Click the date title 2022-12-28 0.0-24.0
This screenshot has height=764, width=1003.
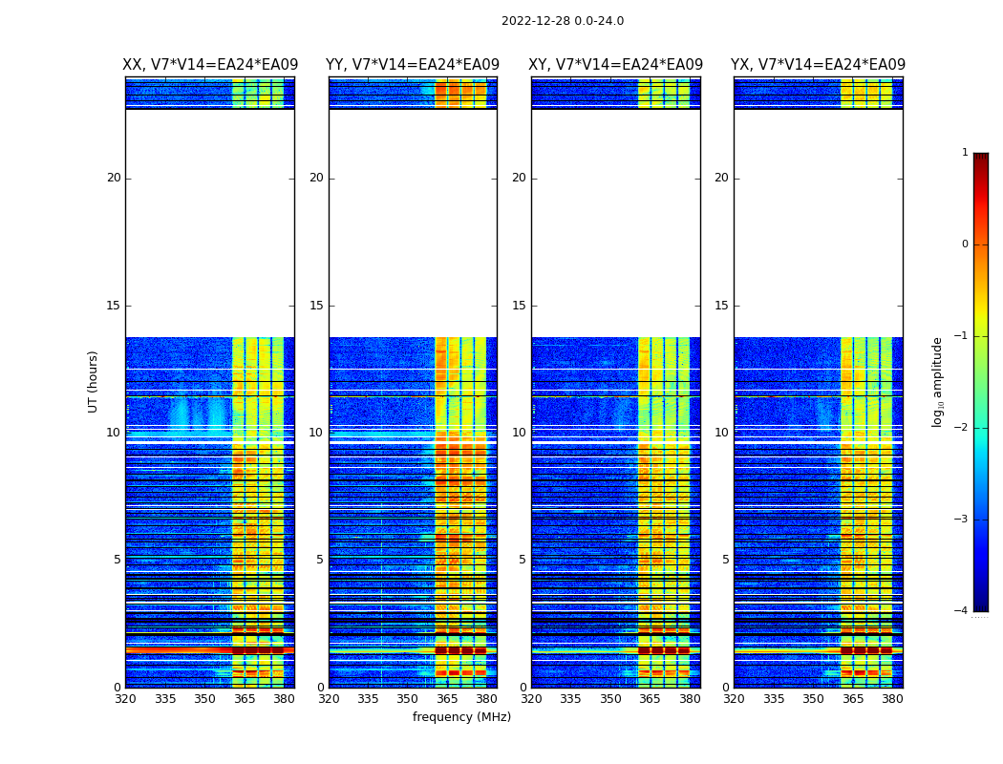(x=563, y=21)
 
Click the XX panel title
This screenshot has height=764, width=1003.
(x=209, y=65)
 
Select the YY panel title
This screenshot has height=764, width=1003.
(x=413, y=65)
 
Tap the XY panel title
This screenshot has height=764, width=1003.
(x=615, y=65)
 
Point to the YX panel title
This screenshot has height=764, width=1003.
(x=818, y=65)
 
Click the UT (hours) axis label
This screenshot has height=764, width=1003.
(x=94, y=381)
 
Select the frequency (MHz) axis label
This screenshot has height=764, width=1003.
(x=461, y=717)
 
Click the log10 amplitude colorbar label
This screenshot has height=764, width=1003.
(x=938, y=382)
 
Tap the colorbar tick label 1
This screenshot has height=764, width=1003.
(x=965, y=153)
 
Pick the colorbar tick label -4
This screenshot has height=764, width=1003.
(x=962, y=611)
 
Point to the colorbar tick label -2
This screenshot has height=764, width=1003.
(x=962, y=428)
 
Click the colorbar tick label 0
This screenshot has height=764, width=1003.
(x=965, y=244)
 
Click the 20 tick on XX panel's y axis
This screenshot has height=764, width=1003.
(x=114, y=178)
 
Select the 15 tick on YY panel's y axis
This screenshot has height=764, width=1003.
(x=316, y=306)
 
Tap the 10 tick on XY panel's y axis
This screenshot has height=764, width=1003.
(x=519, y=433)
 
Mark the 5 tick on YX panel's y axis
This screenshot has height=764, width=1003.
(x=725, y=560)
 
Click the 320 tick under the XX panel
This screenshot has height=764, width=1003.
(x=125, y=698)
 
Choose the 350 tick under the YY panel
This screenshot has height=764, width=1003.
(x=408, y=698)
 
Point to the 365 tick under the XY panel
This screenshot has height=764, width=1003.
(x=650, y=698)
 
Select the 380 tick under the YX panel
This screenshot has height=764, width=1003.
(x=892, y=698)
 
